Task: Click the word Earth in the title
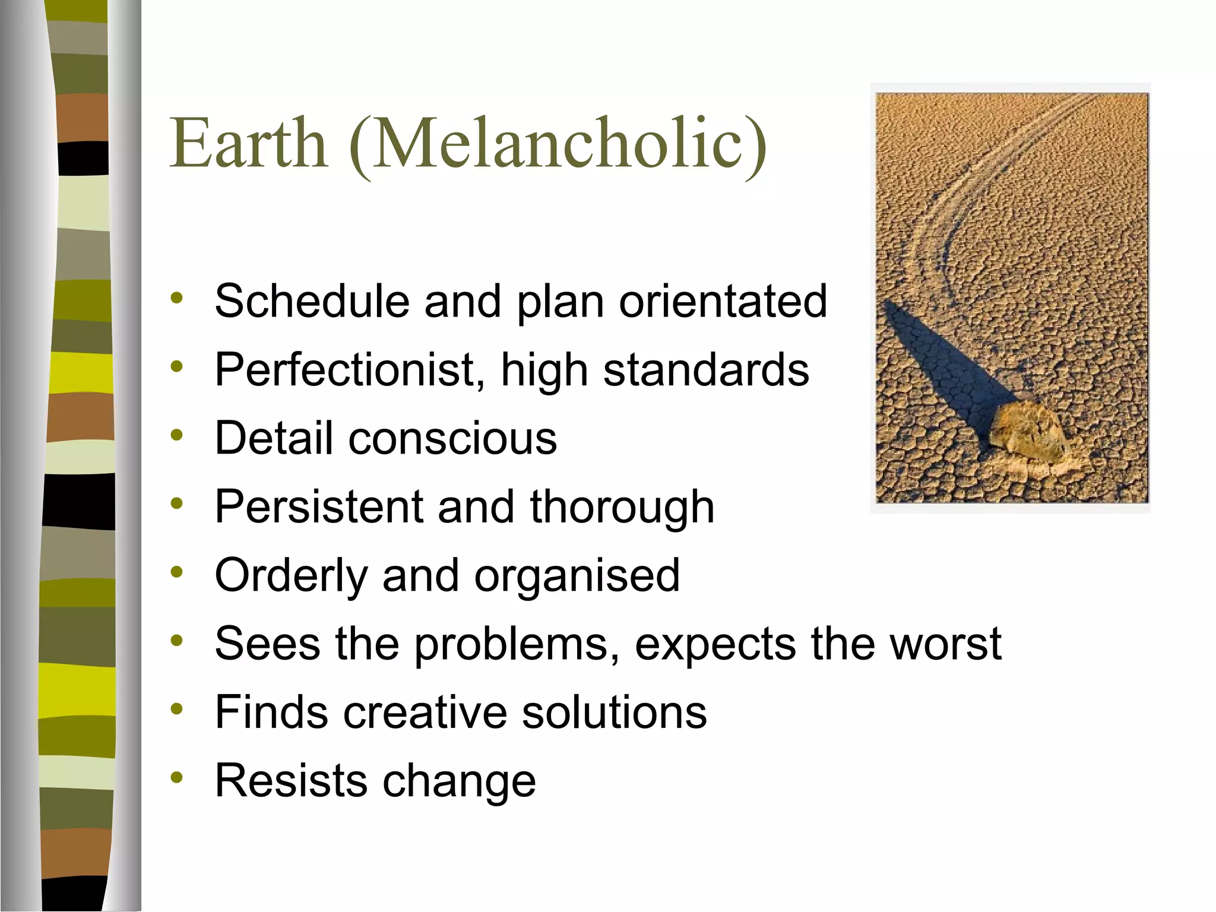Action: pyautogui.click(x=248, y=144)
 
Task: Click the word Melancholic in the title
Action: pyautogui.click(x=558, y=144)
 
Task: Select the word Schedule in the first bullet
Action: pyautogui.click(x=312, y=301)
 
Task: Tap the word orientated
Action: pyautogui.click(x=723, y=301)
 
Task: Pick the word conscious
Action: pyautogui.click(x=452, y=438)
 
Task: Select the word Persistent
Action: pyautogui.click(x=318, y=507)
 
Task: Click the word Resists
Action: pyautogui.click(x=290, y=781)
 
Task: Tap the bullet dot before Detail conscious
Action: pyautogui.click(x=176, y=435)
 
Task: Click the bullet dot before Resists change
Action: pyautogui.click(x=176, y=777)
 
